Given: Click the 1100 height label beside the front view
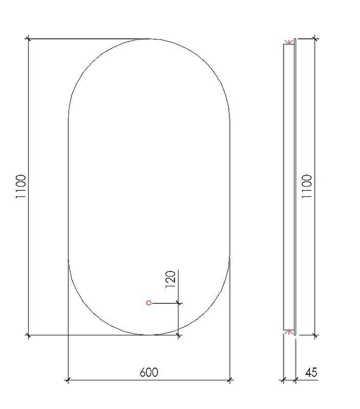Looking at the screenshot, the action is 21,186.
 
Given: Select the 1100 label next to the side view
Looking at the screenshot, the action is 307,186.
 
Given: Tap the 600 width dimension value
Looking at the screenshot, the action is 149,372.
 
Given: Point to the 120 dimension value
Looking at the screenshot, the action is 170,279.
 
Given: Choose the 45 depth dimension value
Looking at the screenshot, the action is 311,372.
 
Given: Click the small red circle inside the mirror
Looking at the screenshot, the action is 149,303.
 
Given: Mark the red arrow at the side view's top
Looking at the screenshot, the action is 288,42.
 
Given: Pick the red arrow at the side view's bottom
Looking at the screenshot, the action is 288,332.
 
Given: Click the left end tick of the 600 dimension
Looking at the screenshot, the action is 68,380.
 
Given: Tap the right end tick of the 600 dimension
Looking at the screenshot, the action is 230,380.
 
